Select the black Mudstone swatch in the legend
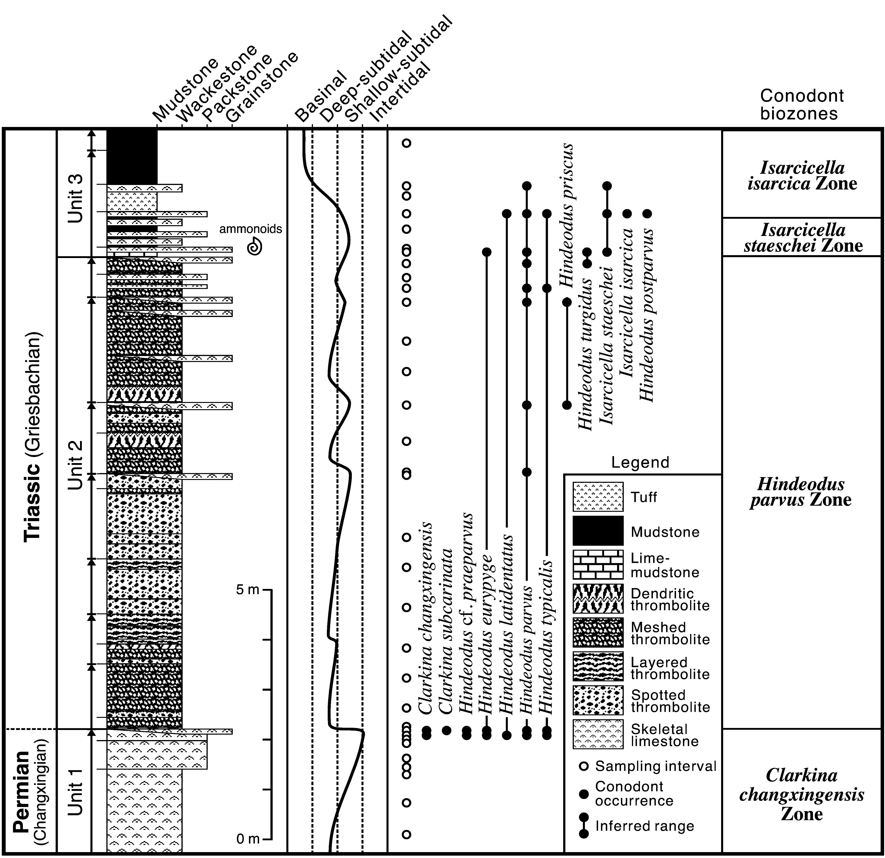(x=598, y=531)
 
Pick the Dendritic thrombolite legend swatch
(x=598, y=599)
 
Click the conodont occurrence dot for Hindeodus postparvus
(x=647, y=213)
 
